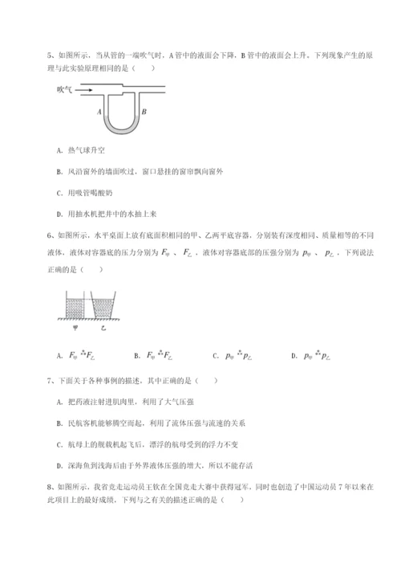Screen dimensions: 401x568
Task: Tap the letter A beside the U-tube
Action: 98,112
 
